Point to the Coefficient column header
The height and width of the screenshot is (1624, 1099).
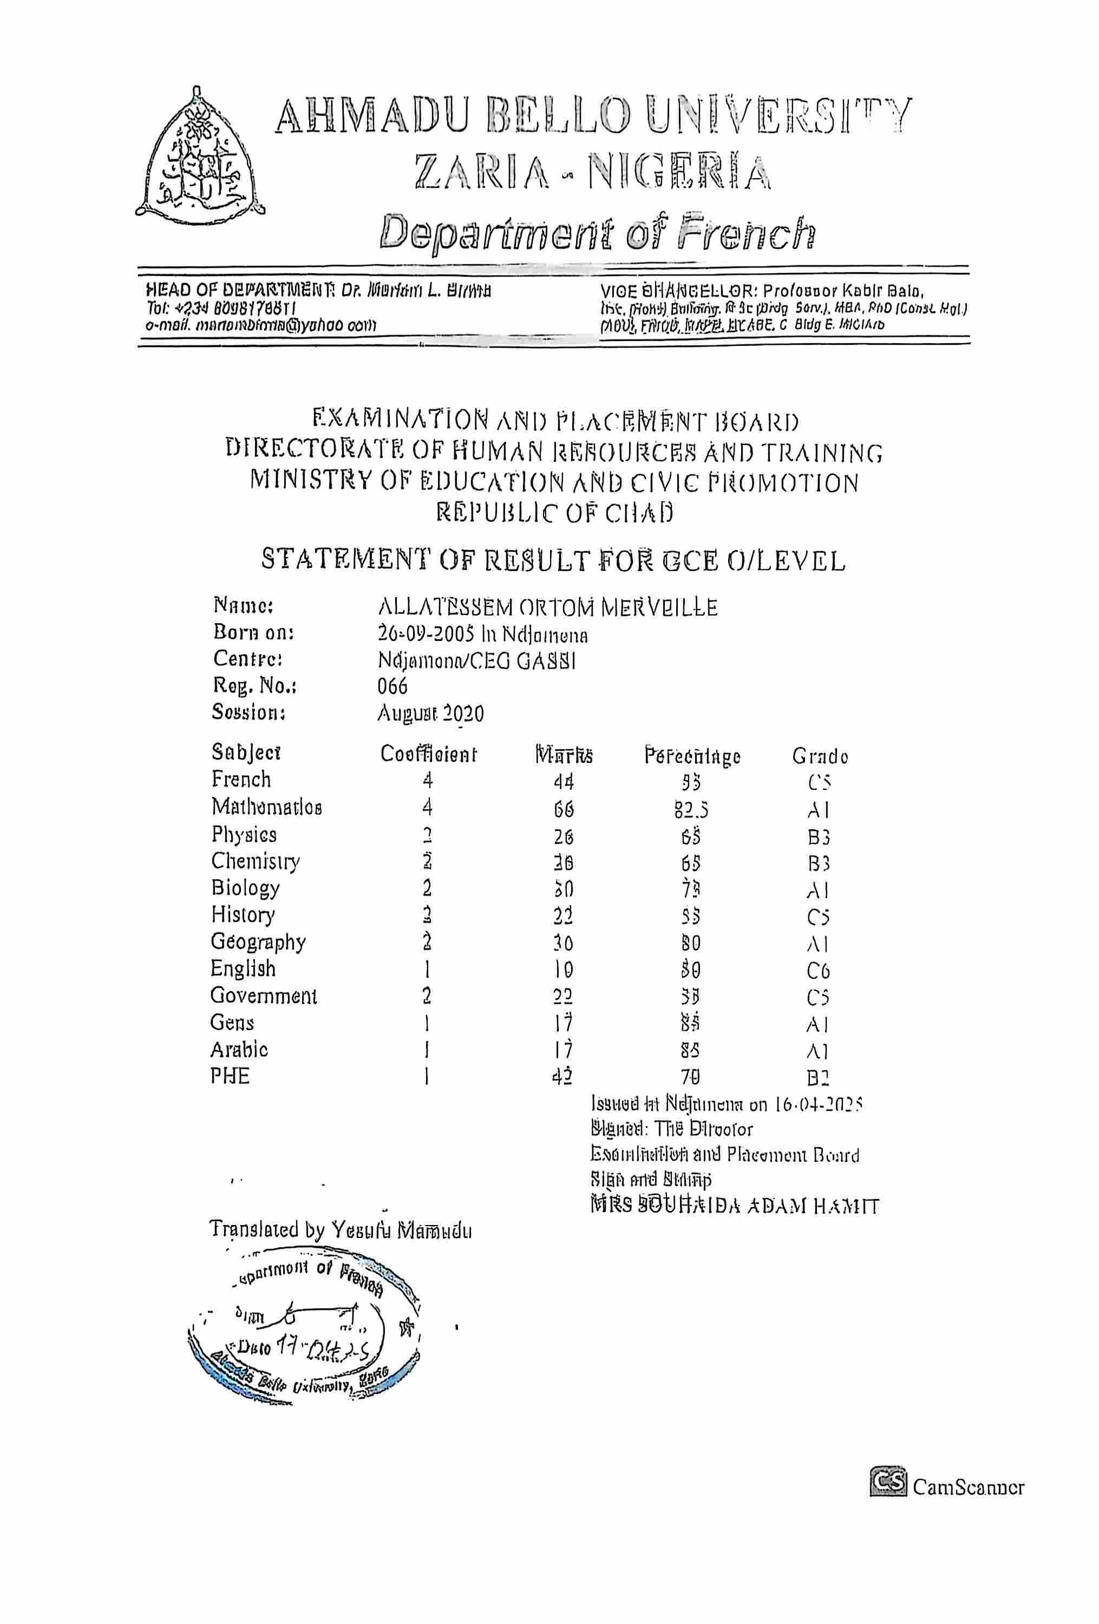tap(428, 754)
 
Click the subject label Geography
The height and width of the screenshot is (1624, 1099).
tap(258, 942)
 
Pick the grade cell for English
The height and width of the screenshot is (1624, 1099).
tap(817, 971)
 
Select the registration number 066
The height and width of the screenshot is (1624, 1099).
tap(392, 686)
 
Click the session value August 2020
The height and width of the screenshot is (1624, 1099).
tap(430, 713)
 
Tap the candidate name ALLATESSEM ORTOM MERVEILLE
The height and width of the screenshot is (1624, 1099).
tap(547, 607)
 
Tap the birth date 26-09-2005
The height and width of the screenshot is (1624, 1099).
tap(428, 634)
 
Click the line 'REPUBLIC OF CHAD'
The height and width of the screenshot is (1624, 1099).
tap(555, 514)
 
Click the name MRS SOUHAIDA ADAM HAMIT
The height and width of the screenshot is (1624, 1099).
tap(734, 1206)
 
